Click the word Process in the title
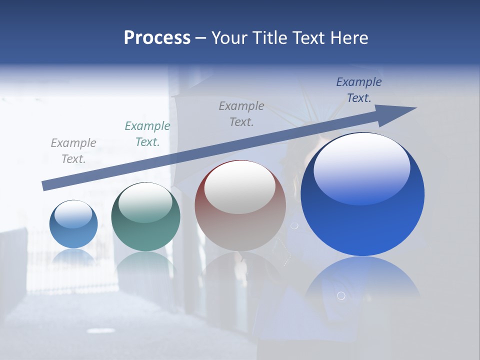point(157,38)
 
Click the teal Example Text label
point(147,134)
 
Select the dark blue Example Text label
point(359,90)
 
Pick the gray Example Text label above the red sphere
point(241,113)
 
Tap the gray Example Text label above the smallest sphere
point(73,150)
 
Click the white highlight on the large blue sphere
point(362,167)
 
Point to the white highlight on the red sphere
point(240,186)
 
